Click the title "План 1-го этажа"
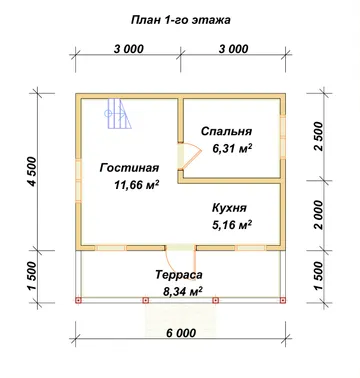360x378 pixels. [x=180, y=20]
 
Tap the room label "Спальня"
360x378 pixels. [x=226, y=131]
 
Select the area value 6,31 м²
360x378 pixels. [x=232, y=148]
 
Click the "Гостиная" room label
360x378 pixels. [x=129, y=168]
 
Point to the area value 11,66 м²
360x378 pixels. [x=136, y=184]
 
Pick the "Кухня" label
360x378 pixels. [x=229, y=208]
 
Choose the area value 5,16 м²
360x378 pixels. [x=232, y=225]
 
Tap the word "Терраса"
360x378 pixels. [x=179, y=275]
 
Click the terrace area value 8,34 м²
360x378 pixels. [x=183, y=292]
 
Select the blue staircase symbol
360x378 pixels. [x=118, y=114]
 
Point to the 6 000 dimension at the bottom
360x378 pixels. [x=180, y=333]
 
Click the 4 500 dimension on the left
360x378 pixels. [x=33, y=171]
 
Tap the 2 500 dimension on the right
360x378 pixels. [x=319, y=136]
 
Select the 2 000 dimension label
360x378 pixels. [x=319, y=215]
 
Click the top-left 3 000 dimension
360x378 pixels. [x=129, y=49]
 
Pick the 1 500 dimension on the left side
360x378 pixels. [x=33, y=276]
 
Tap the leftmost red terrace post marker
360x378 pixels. [x=79, y=300]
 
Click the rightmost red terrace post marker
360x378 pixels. [x=283, y=300]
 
